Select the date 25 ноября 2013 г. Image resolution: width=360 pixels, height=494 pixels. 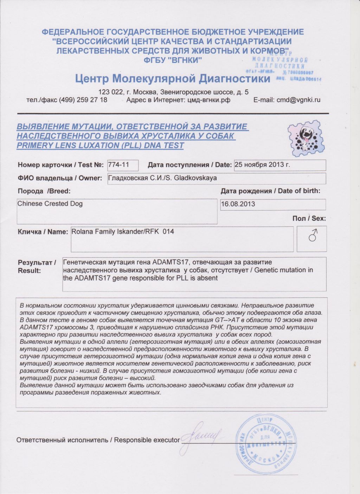pyautogui.click(x=262, y=165)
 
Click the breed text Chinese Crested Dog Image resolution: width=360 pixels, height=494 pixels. pyautogui.click(x=50, y=204)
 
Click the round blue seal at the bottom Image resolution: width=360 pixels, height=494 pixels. pyautogui.click(x=266, y=443)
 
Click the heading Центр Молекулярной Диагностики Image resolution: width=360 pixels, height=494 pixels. pyautogui.click(x=173, y=78)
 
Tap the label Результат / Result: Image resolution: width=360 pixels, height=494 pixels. pyautogui.click(x=37, y=267)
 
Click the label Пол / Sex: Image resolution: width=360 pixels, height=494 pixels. pyautogui.click(x=309, y=218)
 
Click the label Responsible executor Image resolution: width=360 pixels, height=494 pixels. pyautogui.click(x=147, y=440)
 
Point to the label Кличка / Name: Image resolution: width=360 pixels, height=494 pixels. pyautogui.click(x=43, y=232)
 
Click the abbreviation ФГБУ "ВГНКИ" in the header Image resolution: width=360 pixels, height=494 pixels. pyautogui.click(x=173, y=60)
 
